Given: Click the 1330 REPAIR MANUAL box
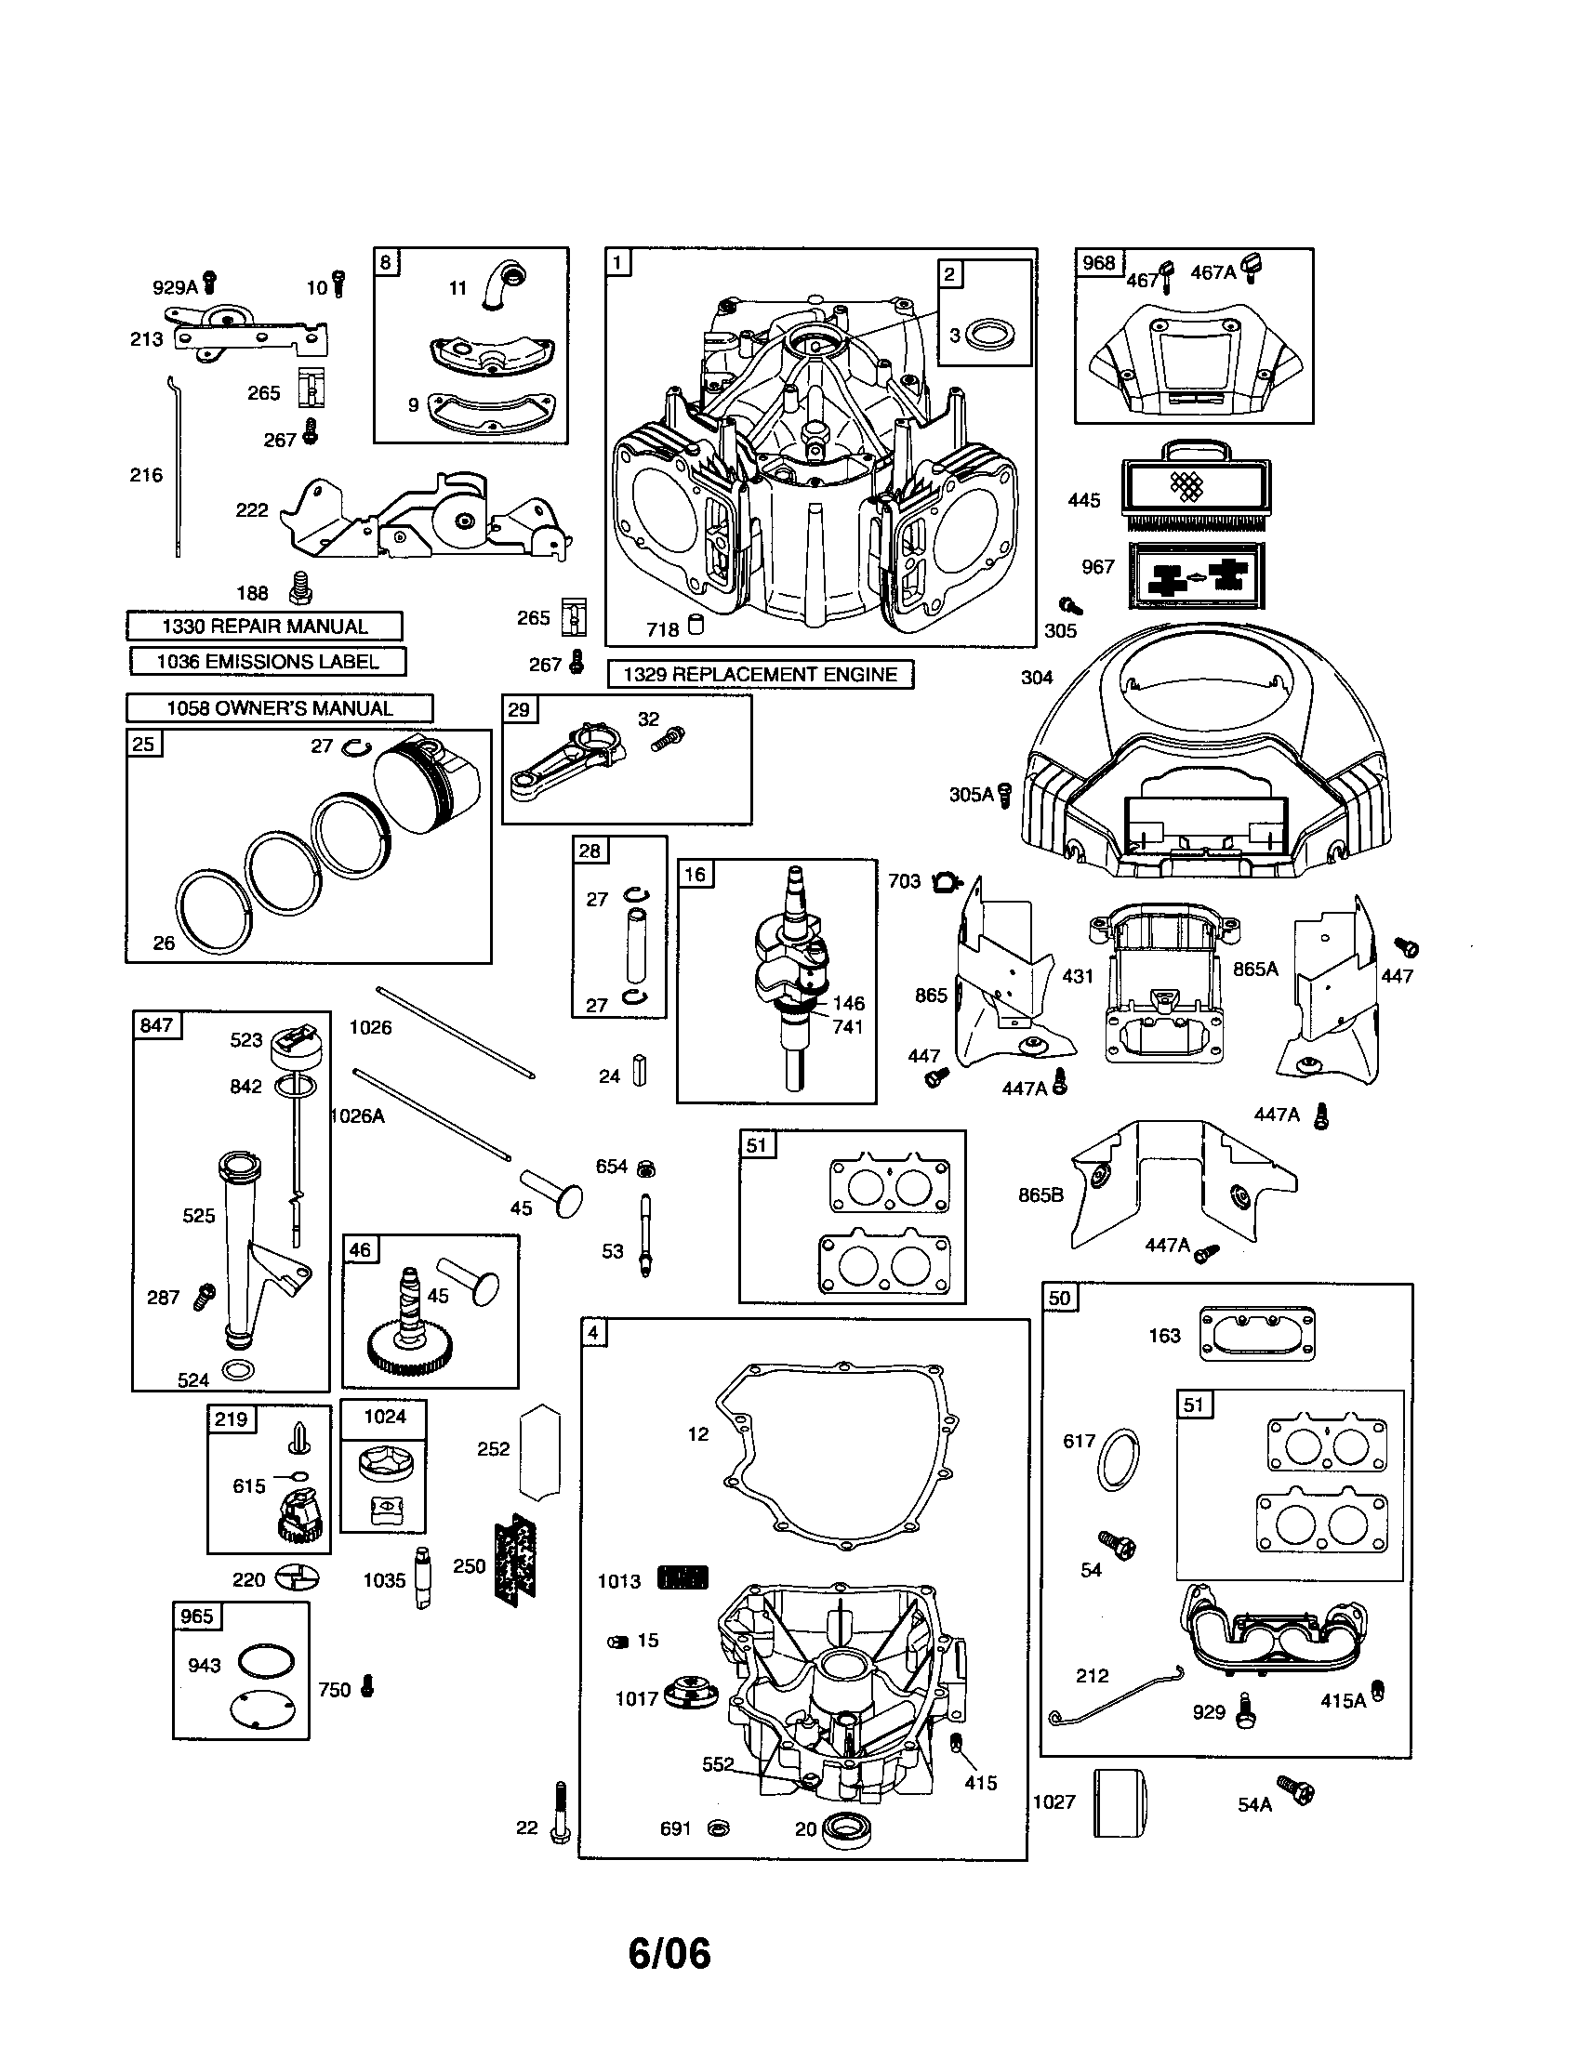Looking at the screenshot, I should (264, 626).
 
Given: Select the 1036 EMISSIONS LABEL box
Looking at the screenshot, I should (267, 661).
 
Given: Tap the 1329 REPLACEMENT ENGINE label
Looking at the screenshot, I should (760, 674).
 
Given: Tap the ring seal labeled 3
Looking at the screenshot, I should (987, 335).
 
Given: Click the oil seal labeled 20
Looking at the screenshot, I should (846, 1827).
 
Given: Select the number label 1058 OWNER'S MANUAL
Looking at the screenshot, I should (279, 708).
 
